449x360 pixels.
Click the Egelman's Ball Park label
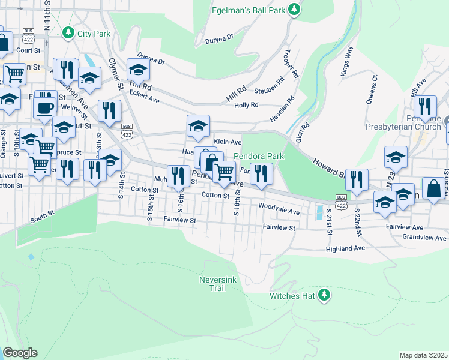pyautogui.click(x=249, y=11)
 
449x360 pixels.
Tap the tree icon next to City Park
pyautogui.click(x=68, y=32)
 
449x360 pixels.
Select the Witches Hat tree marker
pyautogui.click(x=324, y=294)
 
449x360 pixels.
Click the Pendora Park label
pyautogui.click(x=258, y=156)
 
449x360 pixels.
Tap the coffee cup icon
pyautogui.click(x=45, y=108)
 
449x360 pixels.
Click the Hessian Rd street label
pyautogui.click(x=282, y=107)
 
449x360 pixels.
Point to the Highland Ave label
pyautogui.click(x=345, y=248)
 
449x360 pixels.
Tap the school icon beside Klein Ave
pyautogui.click(x=198, y=126)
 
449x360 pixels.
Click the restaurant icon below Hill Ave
pyautogui.click(x=426, y=107)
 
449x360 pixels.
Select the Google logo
pyautogui.click(x=20, y=353)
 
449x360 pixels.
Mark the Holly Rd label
pyautogui.click(x=246, y=105)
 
